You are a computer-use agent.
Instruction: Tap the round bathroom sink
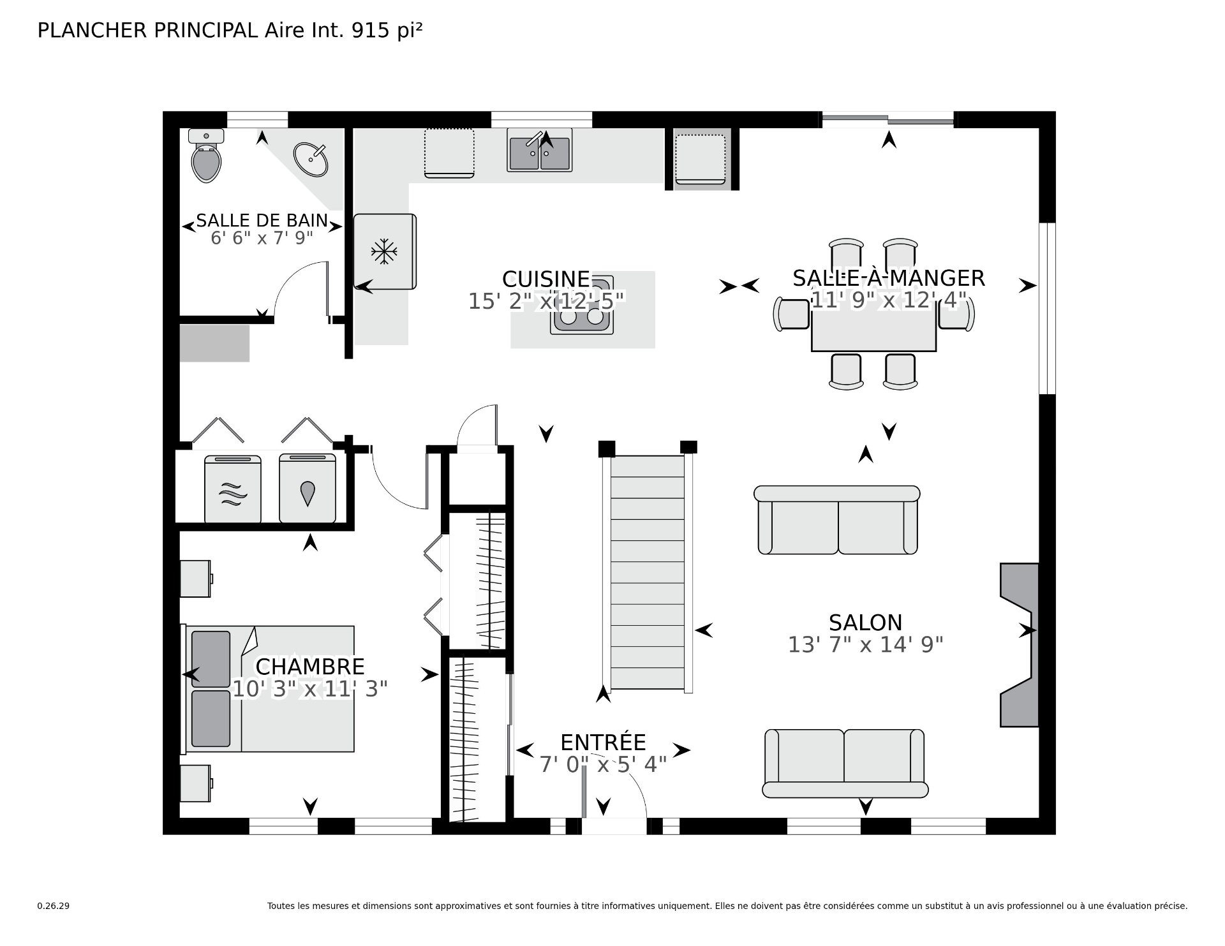point(311,159)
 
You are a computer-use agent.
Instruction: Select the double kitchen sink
point(540,150)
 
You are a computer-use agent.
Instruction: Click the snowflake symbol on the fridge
point(384,251)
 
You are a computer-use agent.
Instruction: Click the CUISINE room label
point(546,279)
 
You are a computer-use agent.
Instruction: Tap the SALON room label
point(865,622)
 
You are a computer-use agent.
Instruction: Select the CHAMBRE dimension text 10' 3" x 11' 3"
point(310,689)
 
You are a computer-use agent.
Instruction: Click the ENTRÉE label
point(603,742)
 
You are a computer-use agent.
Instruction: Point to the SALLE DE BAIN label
point(262,221)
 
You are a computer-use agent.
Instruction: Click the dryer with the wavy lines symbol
point(233,489)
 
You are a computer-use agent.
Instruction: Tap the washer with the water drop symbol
point(308,489)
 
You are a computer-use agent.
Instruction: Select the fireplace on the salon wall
point(1019,644)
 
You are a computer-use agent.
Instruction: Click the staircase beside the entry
point(648,572)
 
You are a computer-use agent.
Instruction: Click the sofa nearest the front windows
point(845,764)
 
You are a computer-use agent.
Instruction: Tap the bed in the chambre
point(268,688)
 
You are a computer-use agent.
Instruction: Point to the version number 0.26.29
point(54,906)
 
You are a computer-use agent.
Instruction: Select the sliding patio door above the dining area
point(887,119)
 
